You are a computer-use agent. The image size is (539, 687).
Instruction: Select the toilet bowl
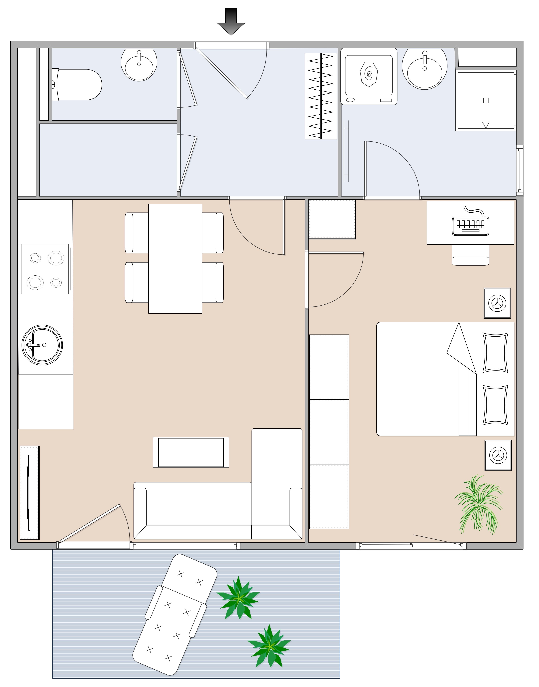[79, 85]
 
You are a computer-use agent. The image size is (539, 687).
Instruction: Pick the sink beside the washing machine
[424, 69]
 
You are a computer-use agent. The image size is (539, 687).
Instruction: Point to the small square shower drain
[486, 100]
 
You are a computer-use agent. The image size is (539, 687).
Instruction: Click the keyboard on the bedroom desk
[470, 225]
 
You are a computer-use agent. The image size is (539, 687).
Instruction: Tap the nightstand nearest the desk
[497, 303]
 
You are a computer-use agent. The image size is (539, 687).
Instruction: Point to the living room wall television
[29, 493]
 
